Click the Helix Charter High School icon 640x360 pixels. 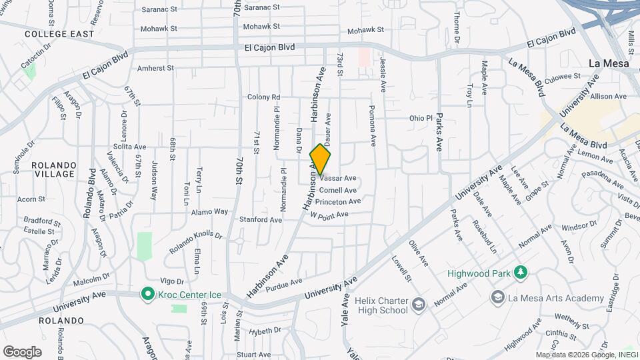[418, 305]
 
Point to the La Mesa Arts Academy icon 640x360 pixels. [497, 297]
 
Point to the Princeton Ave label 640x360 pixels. [338, 201]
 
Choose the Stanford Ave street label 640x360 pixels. [261, 219]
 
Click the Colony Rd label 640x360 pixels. [264, 97]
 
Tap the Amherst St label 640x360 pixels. [155, 68]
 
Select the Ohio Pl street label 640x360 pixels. [421, 118]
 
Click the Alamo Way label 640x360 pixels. [210, 211]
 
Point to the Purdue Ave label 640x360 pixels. [284, 285]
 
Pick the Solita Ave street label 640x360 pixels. [129, 147]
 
